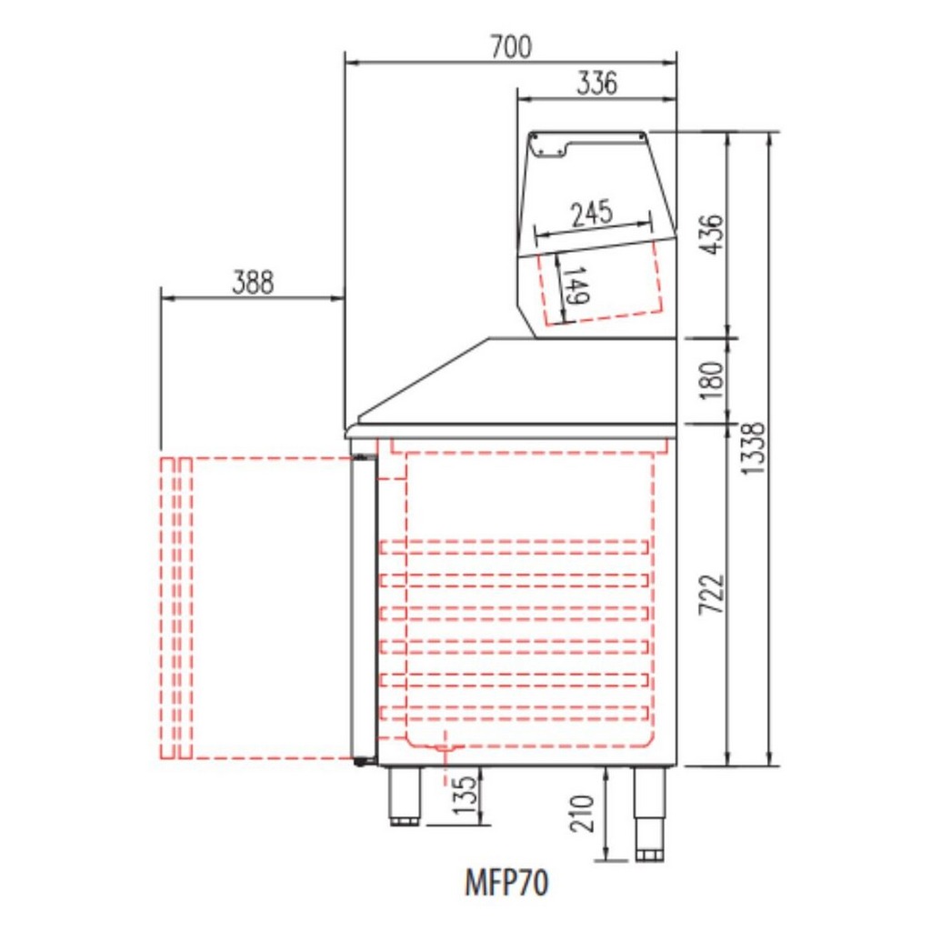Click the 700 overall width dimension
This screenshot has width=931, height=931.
click(511, 47)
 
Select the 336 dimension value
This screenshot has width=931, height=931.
click(596, 83)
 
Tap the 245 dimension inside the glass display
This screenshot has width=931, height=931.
click(591, 214)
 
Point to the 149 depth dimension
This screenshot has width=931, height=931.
click(576, 285)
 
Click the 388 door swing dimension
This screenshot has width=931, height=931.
click(253, 283)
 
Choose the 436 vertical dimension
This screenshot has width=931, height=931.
click(712, 235)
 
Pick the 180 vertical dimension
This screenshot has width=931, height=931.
click(713, 381)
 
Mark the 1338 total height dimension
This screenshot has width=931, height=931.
click(753, 448)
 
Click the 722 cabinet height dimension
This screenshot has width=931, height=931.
click(712, 594)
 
